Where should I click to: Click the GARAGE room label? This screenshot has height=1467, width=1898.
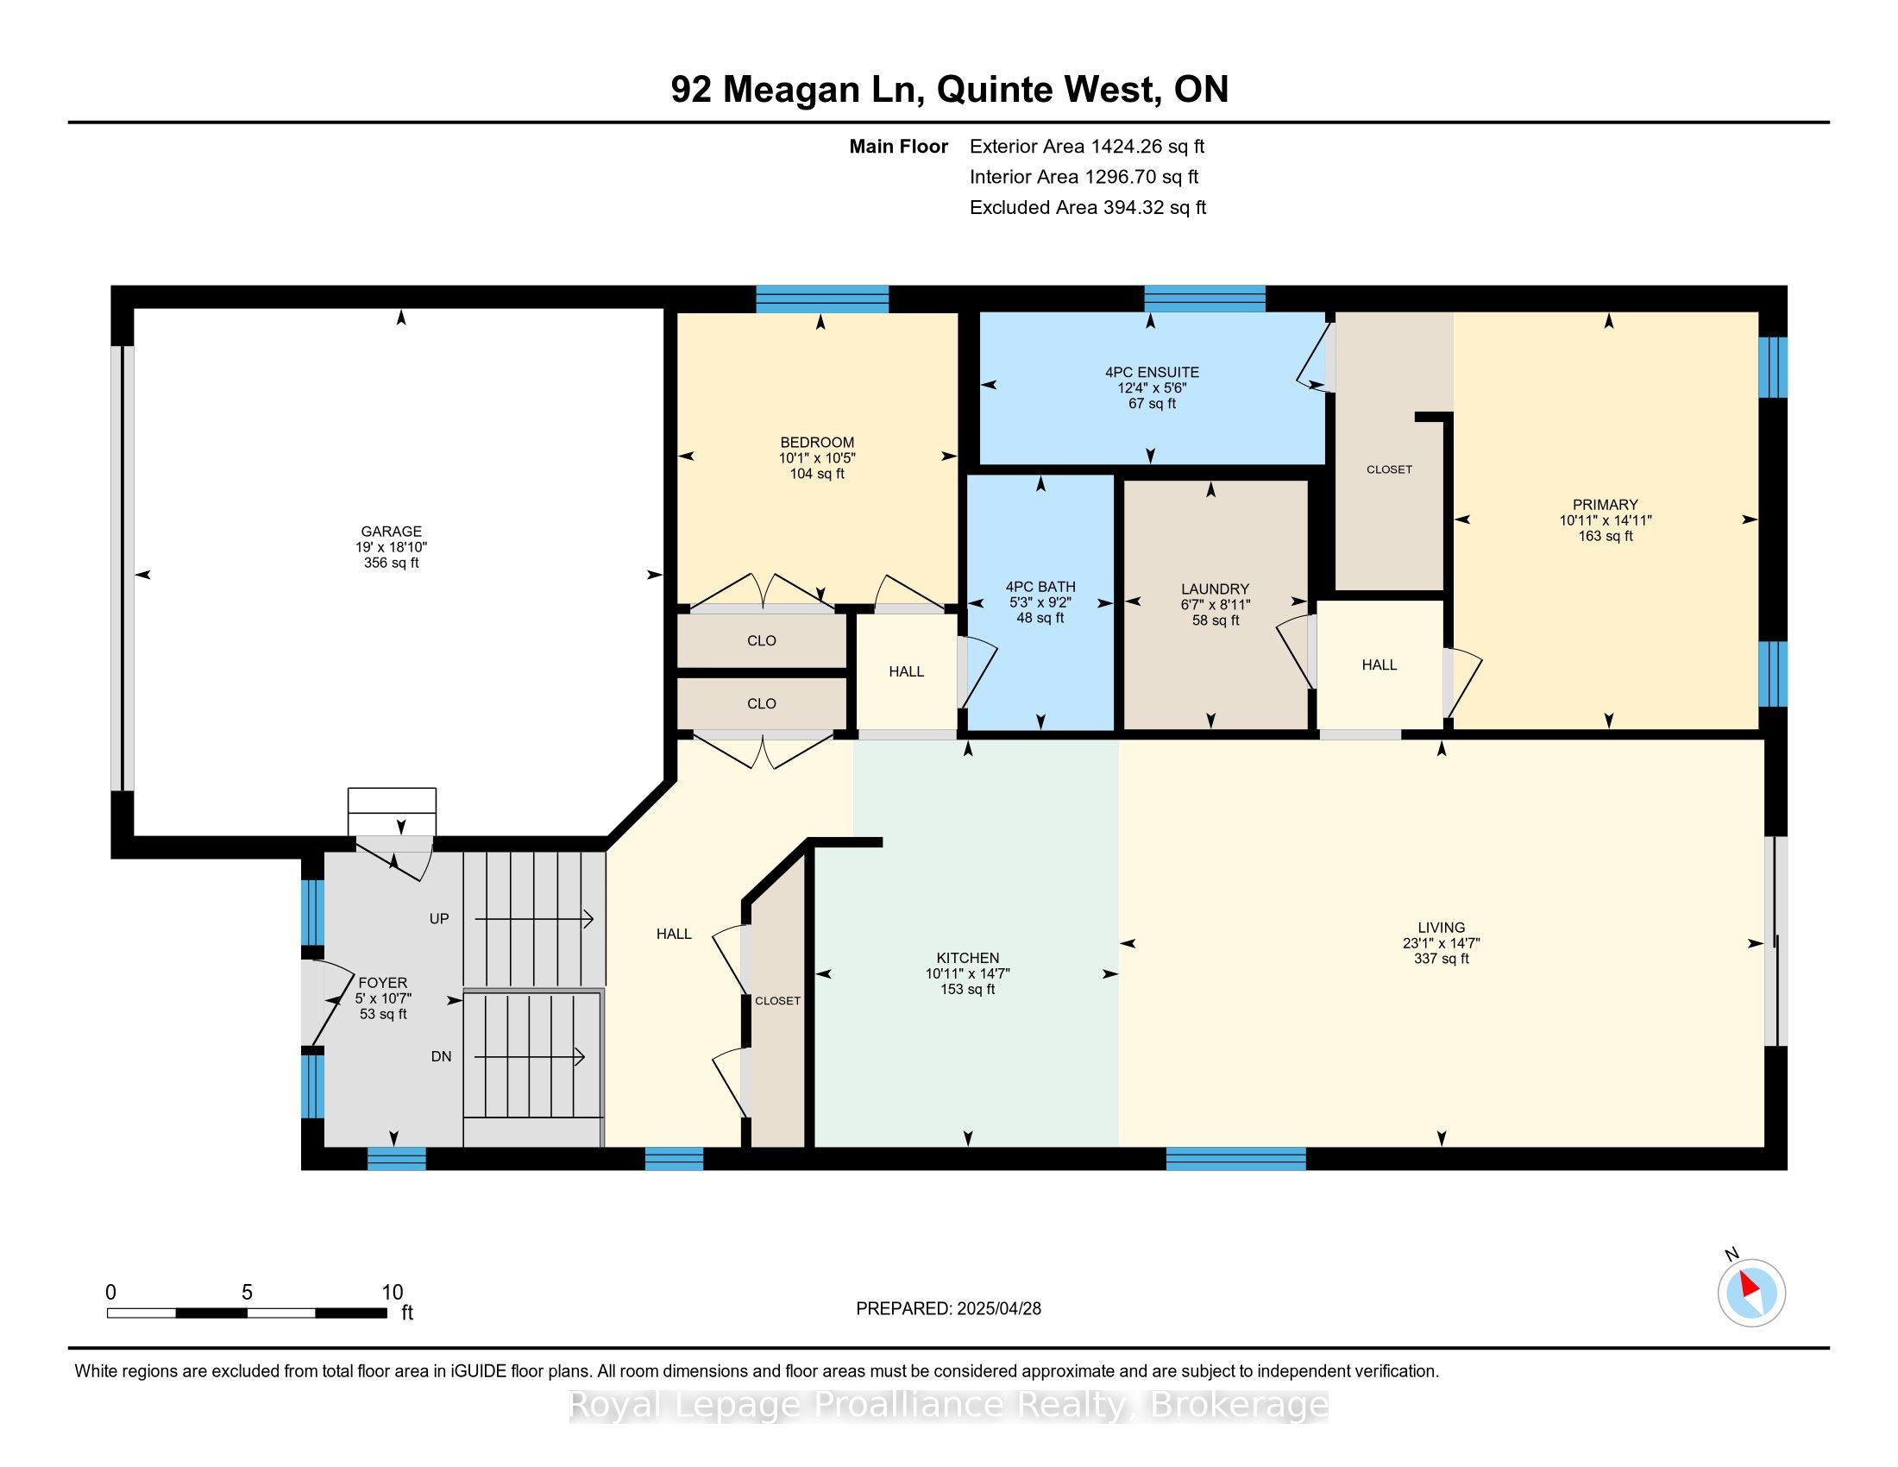391,531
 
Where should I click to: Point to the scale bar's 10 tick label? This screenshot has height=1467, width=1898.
392,1293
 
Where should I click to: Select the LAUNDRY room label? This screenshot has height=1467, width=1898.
1215,589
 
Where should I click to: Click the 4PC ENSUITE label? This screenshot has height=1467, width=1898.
1152,372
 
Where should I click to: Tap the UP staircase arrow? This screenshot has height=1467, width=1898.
533,919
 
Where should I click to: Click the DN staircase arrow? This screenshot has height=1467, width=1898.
529,1057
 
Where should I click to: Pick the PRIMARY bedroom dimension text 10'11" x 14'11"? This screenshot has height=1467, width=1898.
1606,520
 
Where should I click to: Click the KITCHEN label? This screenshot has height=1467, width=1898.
967,958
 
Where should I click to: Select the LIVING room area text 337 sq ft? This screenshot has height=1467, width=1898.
1441,959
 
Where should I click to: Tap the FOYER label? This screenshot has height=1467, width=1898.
382,983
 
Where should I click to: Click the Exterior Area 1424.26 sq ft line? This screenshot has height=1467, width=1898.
1087,147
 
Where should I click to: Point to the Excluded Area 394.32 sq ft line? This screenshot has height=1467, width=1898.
1088,208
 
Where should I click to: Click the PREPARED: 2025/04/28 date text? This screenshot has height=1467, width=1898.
948,1308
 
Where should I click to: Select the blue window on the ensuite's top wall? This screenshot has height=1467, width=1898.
1204,298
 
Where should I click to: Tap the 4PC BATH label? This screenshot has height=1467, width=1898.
1040,587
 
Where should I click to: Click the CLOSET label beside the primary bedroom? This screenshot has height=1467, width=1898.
1389,469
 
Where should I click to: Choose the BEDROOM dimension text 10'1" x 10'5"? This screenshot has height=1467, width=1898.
817,458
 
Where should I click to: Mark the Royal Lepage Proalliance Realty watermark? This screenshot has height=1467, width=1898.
948,1404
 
